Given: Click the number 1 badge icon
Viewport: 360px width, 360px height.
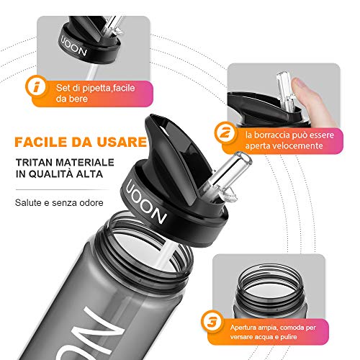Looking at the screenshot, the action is point(36,86).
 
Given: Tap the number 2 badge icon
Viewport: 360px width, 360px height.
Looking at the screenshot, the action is point(225,132).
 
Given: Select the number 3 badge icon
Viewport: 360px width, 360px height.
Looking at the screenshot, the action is point(212,322).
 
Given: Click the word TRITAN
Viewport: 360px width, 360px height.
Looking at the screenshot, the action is point(34,163).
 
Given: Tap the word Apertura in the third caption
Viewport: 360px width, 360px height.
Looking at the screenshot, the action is point(241,328).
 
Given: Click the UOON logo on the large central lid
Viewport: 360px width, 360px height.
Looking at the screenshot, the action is point(146,202).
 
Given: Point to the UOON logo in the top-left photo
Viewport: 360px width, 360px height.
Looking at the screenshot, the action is point(73,46).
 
